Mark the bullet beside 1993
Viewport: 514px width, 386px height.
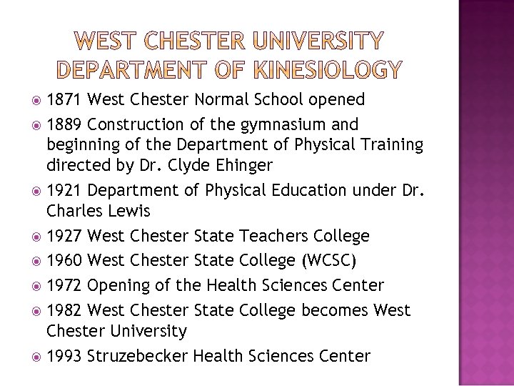point(36,356)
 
